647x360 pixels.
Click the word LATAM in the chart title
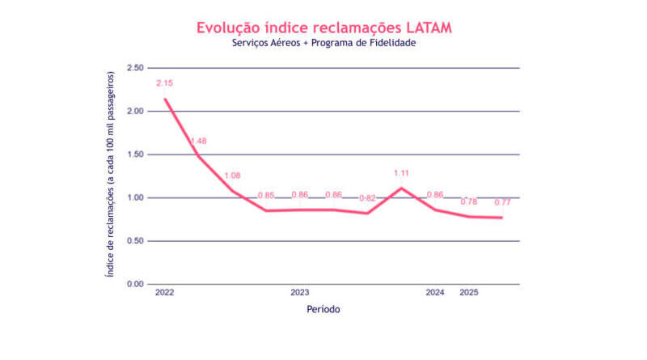tap(424, 27)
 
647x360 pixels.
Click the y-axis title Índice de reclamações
tap(111, 175)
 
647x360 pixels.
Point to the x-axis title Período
tap(323, 309)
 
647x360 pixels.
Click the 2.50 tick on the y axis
tap(134, 68)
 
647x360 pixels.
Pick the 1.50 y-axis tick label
tap(134, 155)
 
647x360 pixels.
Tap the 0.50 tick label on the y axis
tap(134, 241)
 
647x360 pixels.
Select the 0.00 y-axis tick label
tap(134, 285)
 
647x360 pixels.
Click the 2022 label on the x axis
tap(164, 293)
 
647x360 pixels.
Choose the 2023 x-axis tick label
tap(300, 293)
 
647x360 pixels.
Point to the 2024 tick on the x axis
tap(435, 293)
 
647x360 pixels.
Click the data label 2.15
tap(165, 83)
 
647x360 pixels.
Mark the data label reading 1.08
tap(233, 176)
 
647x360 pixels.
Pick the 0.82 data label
tap(368, 198)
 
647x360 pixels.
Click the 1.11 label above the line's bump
tap(402, 173)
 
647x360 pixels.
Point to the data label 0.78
tap(469, 201)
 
